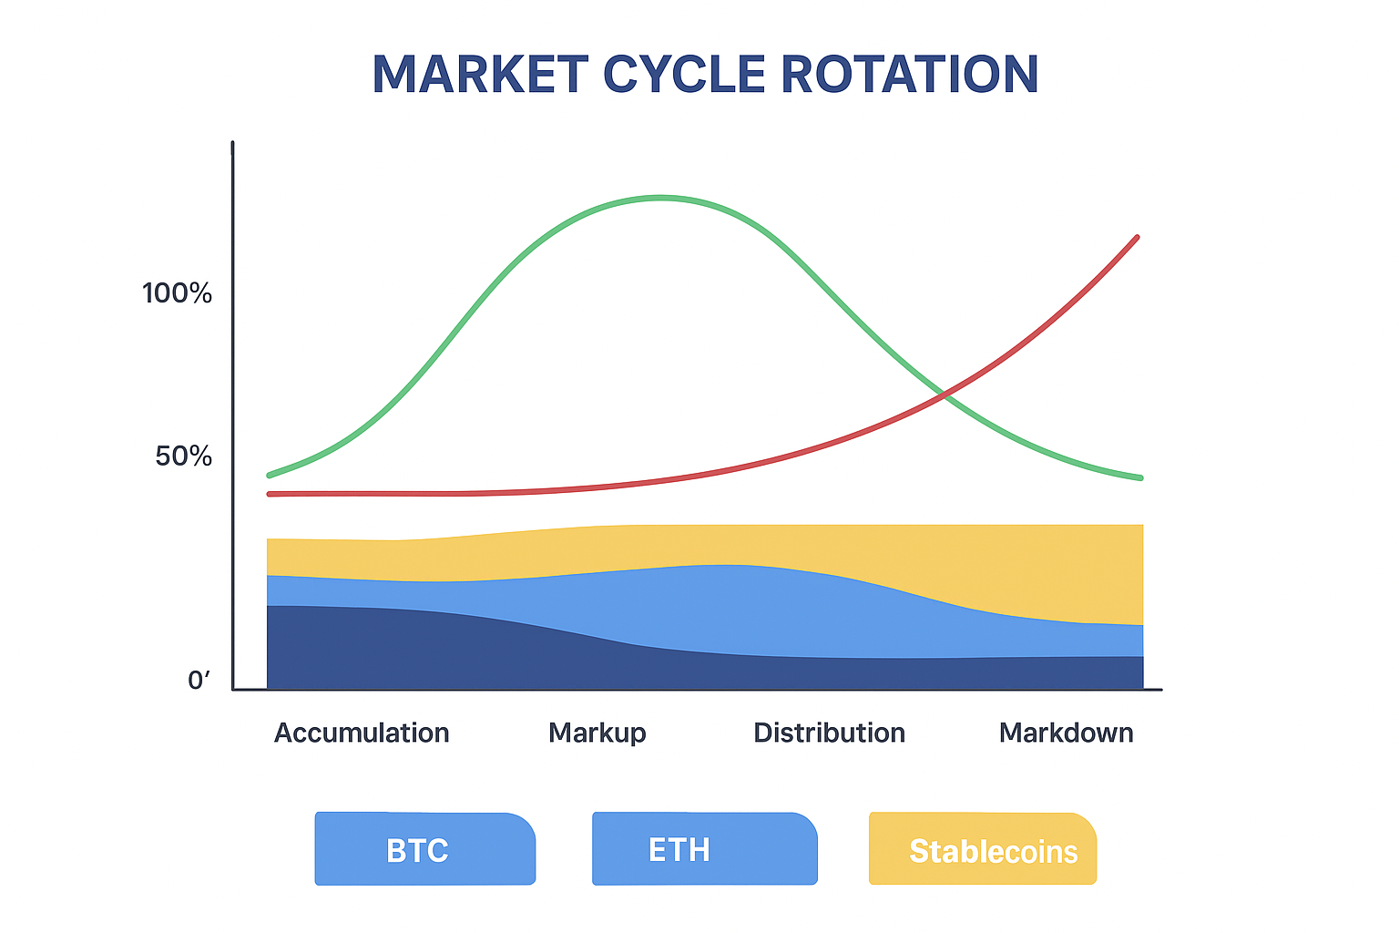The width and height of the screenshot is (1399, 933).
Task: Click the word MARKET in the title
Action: click(480, 75)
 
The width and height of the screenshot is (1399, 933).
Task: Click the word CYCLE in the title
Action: click(684, 75)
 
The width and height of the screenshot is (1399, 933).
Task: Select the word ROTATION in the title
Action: click(909, 75)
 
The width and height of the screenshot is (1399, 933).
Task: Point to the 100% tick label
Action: click(177, 293)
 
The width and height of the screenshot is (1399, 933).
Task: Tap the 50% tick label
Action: click(183, 456)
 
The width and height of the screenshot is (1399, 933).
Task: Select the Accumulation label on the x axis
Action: click(362, 733)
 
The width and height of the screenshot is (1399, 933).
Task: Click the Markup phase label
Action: click(597, 733)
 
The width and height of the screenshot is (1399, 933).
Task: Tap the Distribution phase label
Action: click(830, 733)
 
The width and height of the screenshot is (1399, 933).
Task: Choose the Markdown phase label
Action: click(1067, 733)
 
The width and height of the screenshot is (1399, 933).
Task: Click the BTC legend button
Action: click(424, 848)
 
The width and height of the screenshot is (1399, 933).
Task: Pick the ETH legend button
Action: click(704, 848)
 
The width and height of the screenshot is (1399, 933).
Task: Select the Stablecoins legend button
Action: click(983, 848)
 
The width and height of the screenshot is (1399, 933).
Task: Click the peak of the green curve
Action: click(660, 198)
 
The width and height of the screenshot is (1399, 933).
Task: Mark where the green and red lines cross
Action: click(945, 395)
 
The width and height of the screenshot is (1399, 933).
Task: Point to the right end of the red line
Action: click(1138, 238)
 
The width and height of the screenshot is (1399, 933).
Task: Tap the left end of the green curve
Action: click(270, 476)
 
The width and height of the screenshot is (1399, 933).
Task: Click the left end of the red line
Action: click(270, 495)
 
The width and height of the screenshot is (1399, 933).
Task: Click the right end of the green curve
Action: click(1141, 478)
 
